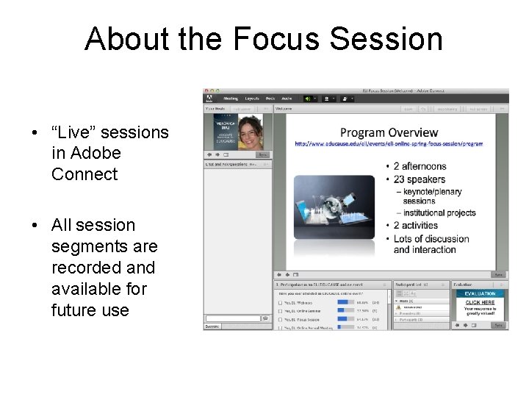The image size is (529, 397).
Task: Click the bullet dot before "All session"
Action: [x=36, y=226]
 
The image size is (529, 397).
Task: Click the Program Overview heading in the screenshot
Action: [x=389, y=133]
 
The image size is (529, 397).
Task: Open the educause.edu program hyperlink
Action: [x=389, y=144]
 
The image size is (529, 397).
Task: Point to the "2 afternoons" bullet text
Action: [x=420, y=167]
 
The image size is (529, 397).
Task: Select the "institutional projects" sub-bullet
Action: [x=439, y=213]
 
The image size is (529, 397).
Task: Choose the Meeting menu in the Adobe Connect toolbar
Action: [x=231, y=98]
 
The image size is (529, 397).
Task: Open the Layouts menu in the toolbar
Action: [x=252, y=98]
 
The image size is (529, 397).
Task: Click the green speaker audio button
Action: [x=306, y=98]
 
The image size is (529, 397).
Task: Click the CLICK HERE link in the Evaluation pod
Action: [x=480, y=302]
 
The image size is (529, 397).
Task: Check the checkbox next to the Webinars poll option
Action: [x=281, y=302]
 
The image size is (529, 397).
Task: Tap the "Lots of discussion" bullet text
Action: [x=431, y=239]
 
